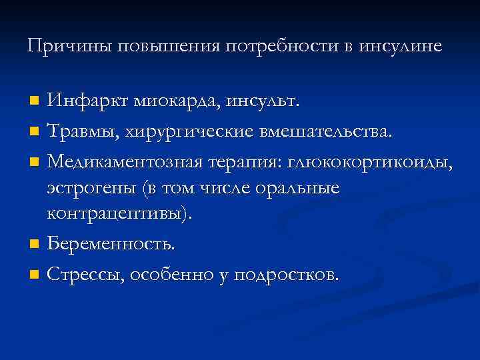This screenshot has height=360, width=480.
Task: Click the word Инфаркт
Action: point(87,102)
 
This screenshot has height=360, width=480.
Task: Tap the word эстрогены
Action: point(91,189)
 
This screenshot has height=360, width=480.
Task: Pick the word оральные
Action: point(301,189)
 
